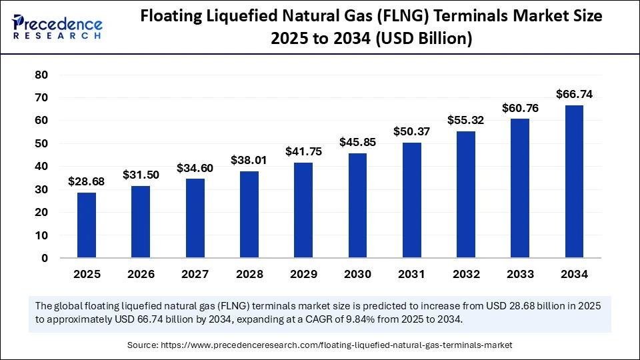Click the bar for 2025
[87, 225]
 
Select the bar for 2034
[575, 181]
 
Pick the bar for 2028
[249, 214]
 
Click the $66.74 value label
[575, 94]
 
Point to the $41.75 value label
[303, 151]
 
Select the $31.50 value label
[141, 175]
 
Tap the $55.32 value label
[466, 120]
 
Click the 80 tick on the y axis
[41, 75]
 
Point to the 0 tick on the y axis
[45, 258]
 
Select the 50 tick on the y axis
[41, 143]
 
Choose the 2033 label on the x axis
[520, 274]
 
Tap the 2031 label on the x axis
[412, 274]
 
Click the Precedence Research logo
[57, 27]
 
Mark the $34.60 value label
[195, 168]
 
